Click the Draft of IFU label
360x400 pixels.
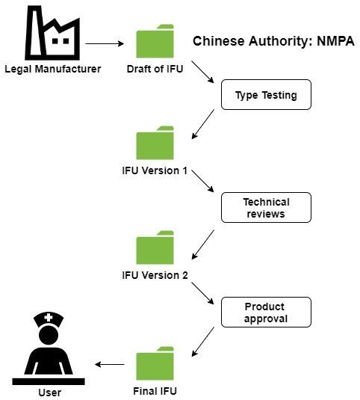pyautogui.click(x=155, y=70)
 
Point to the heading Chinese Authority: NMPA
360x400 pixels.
pyautogui.click(x=273, y=41)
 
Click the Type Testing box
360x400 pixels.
pyautogui.click(x=265, y=96)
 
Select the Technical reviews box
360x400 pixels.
pyautogui.click(x=265, y=208)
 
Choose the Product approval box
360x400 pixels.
pyautogui.click(x=265, y=313)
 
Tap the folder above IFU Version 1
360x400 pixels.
pyautogui.click(x=155, y=144)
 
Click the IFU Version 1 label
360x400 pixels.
pyautogui.click(x=155, y=170)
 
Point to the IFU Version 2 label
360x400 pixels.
pyautogui.click(x=155, y=274)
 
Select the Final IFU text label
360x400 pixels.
pyautogui.click(x=156, y=391)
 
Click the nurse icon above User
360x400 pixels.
pyautogui.click(x=49, y=347)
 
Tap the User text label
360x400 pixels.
pyautogui.click(x=49, y=393)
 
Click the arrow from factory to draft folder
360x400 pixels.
pyautogui.click(x=105, y=43)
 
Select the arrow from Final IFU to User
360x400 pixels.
pyautogui.click(x=110, y=365)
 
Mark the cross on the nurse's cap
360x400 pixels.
pyautogui.click(x=49, y=318)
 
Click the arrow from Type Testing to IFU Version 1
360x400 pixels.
pyautogui.click(x=203, y=124)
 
